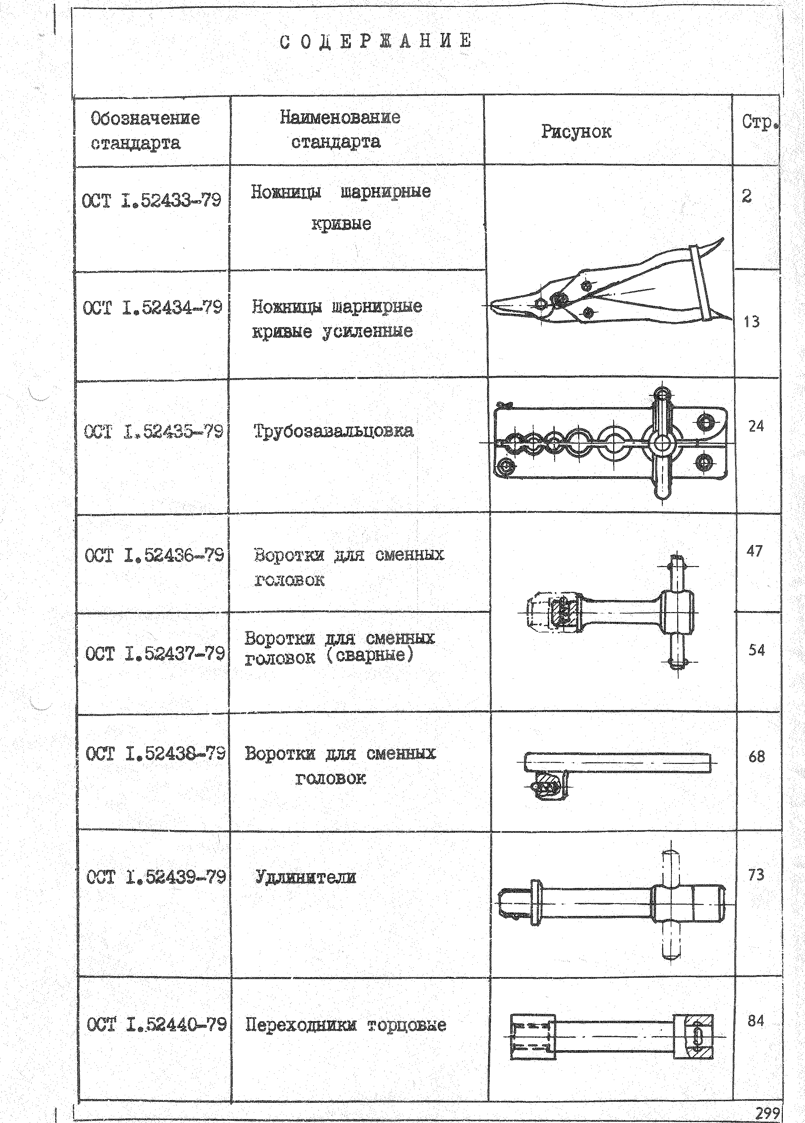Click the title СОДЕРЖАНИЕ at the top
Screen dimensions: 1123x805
(375, 41)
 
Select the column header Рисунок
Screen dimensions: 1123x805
(576, 132)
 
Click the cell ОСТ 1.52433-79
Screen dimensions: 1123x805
(151, 201)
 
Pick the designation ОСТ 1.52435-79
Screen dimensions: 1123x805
(154, 432)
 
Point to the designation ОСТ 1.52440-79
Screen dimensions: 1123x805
(156, 1024)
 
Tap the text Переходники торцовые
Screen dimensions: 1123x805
(346, 1025)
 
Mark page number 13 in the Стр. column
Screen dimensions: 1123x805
(751, 322)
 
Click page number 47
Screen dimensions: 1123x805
(754, 551)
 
